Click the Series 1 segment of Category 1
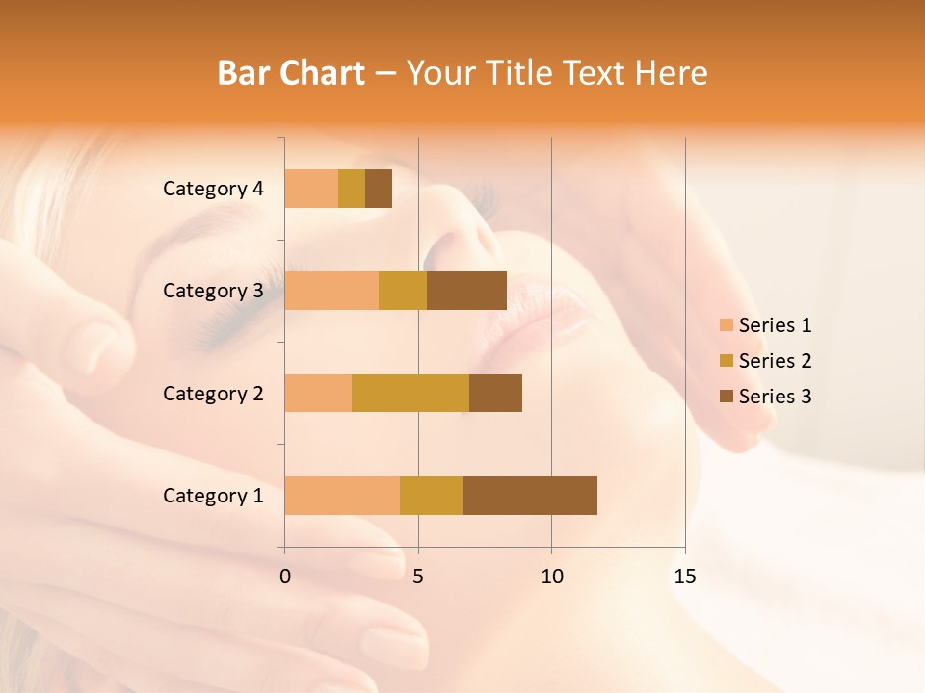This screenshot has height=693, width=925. (342, 496)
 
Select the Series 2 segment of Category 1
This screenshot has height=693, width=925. (432, 496)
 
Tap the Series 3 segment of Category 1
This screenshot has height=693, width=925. (530, 496)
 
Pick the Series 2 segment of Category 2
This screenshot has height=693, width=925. (410, 393)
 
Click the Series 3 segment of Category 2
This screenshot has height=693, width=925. (495, 393)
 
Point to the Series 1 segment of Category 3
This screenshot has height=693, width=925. (331, 291)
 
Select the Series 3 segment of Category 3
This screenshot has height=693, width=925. (466, 291)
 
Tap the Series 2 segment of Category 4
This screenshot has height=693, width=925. (352, 189)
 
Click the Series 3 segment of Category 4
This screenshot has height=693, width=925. (379, 189)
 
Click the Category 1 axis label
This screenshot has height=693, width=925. (213, 496)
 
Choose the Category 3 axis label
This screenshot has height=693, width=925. (213, 291)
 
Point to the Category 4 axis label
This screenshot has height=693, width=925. (213, 189)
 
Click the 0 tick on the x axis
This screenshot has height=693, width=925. (285, 577)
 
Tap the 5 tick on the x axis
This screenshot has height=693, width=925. (418, 577)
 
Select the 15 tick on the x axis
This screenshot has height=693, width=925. (685, 577)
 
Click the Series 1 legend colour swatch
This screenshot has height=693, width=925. (727, 325)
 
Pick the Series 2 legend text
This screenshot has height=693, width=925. (776, 361)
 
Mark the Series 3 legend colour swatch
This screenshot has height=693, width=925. (727, 397)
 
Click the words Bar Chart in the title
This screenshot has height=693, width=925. (291, 73)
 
